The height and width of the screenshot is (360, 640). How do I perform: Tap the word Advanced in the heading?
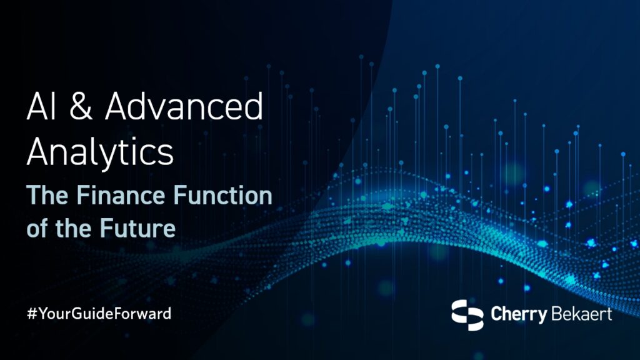(x=184, y=109)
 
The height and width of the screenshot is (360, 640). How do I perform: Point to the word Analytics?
(x=99, y=152)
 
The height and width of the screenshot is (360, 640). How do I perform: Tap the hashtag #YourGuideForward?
(x=99, y=314)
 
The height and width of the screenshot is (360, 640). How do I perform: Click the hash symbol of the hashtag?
(x=31, y=314)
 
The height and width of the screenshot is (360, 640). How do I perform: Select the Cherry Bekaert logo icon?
(x=468, y=314)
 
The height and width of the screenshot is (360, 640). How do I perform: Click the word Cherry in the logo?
(x=517, y=314)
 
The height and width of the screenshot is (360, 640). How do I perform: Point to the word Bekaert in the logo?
(x=581, y=313)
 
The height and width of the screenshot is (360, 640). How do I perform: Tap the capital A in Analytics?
(x=39, y=152)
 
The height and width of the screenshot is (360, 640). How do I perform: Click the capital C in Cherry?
(x=497, y=313)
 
